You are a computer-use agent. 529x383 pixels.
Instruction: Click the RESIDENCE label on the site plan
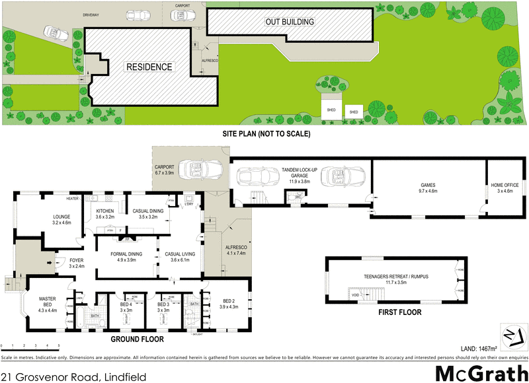(149, 67)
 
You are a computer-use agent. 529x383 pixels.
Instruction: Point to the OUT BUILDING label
(289, 22)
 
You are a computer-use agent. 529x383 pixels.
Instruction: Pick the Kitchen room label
(105, 213)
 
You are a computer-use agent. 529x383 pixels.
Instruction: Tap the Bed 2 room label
(227, 303)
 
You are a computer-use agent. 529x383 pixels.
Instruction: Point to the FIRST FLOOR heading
(401, 312)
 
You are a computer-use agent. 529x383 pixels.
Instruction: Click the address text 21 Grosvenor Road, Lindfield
(73, 374)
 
